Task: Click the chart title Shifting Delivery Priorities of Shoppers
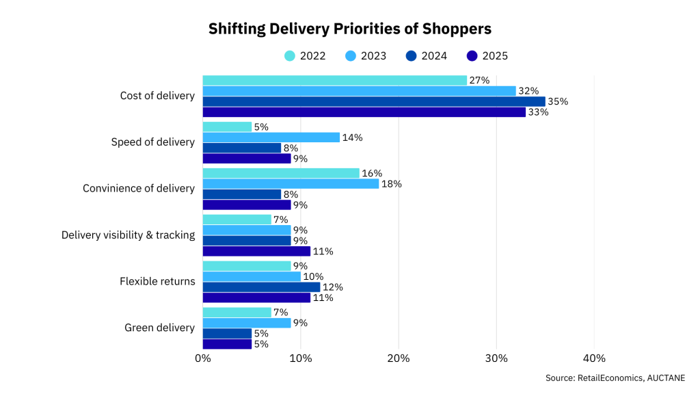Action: [x=350, y=29]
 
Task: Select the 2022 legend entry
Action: [x=305, y=55]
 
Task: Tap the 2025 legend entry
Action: [x=487, y=55]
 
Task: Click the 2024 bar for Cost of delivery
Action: [x=373, y=101]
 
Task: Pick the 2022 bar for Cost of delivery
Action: [x=334, y=80]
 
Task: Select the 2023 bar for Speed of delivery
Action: [x=271, y=137]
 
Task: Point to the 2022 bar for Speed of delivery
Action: [x=227, y=127]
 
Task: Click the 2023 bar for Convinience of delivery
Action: [x=291, y=184]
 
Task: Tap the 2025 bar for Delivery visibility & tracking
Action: [x=256, y=251]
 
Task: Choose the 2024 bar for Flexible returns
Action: [x=261, y=287]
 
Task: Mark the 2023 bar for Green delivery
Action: [x=246, y=323]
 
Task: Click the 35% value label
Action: [x=558, y=101]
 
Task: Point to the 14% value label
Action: [x=352, y=137]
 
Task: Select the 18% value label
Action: [x=391, y=184]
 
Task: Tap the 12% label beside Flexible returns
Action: [x=332, y=287]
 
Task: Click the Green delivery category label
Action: [x=159, y=328]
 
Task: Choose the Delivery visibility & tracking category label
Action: [x=128, y=235]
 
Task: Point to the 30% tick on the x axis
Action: [x=496, y=358]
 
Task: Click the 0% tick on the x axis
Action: [x=202, y=358]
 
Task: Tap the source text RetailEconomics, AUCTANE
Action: [x=615, y=378]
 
